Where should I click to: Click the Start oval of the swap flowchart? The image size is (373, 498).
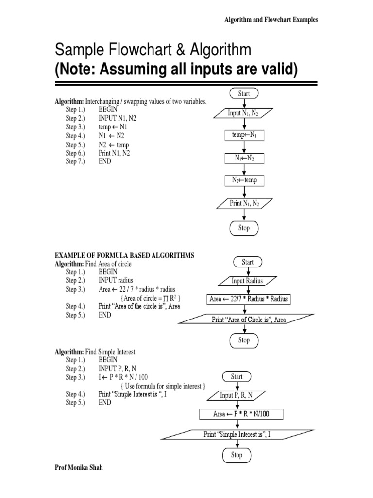244,93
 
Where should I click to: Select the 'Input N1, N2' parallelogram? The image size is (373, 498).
243,113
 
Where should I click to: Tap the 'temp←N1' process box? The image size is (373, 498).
244,135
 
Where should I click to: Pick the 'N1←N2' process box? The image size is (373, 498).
244,159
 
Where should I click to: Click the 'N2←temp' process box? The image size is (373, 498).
244,181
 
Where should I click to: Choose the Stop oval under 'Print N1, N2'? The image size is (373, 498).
244,228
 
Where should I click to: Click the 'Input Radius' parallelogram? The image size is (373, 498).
247,281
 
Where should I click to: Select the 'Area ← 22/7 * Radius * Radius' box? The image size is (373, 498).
248,299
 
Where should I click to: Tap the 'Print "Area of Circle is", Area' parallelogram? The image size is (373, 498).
246,319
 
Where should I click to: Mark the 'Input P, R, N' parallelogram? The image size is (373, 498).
237,396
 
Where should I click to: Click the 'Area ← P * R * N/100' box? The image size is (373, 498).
241,414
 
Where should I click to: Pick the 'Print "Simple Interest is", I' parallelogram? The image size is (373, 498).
237,435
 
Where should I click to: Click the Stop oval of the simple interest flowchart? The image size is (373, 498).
237,455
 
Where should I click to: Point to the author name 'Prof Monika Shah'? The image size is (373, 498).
79,467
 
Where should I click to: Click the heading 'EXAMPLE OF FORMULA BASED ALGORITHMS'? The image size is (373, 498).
124,256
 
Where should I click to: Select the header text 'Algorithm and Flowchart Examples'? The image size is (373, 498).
271,19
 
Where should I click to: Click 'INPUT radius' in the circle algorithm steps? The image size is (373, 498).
116,280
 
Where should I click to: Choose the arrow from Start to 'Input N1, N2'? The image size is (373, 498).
244,104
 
